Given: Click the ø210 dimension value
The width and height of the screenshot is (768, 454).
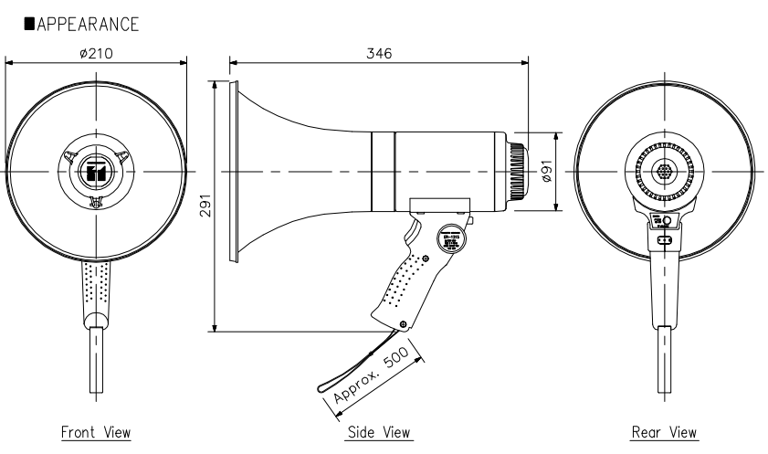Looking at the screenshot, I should click(96, 54).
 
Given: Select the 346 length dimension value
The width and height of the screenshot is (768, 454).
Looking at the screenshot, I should click(379, 54).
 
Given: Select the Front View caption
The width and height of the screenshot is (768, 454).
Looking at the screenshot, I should click(96, 431).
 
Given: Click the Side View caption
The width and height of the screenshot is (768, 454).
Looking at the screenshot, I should click(379, 431).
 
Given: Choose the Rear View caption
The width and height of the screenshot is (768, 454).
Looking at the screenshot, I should click(665, 431).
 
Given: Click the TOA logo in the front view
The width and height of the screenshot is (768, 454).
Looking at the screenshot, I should click(96, 172).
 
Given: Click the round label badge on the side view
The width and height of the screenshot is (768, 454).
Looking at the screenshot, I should click(451, 238).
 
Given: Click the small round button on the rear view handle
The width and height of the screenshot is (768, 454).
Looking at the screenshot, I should click(668, 221).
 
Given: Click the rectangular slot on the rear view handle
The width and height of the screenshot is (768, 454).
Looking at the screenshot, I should click(664, 239).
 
